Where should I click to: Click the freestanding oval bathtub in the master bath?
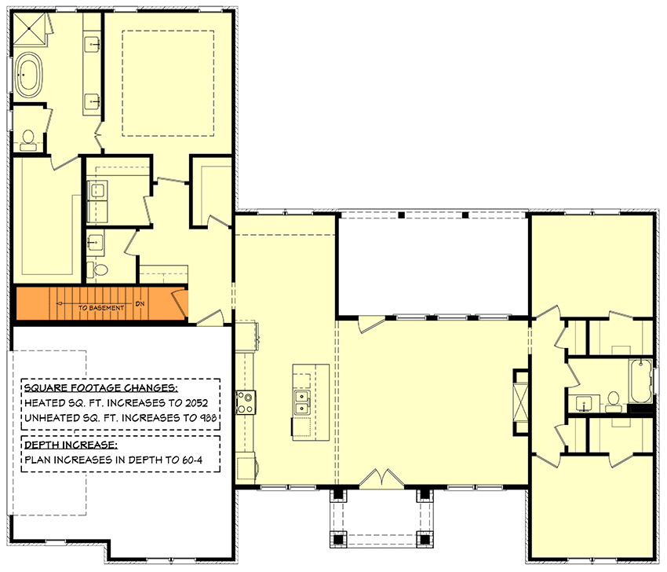(32, 76)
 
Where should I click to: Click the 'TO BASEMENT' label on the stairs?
(101, 308)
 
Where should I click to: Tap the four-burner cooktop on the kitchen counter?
(245, 402)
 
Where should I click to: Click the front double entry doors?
(380, 478)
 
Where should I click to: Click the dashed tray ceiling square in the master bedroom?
(168, 82)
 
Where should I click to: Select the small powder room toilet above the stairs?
(100, 269)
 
